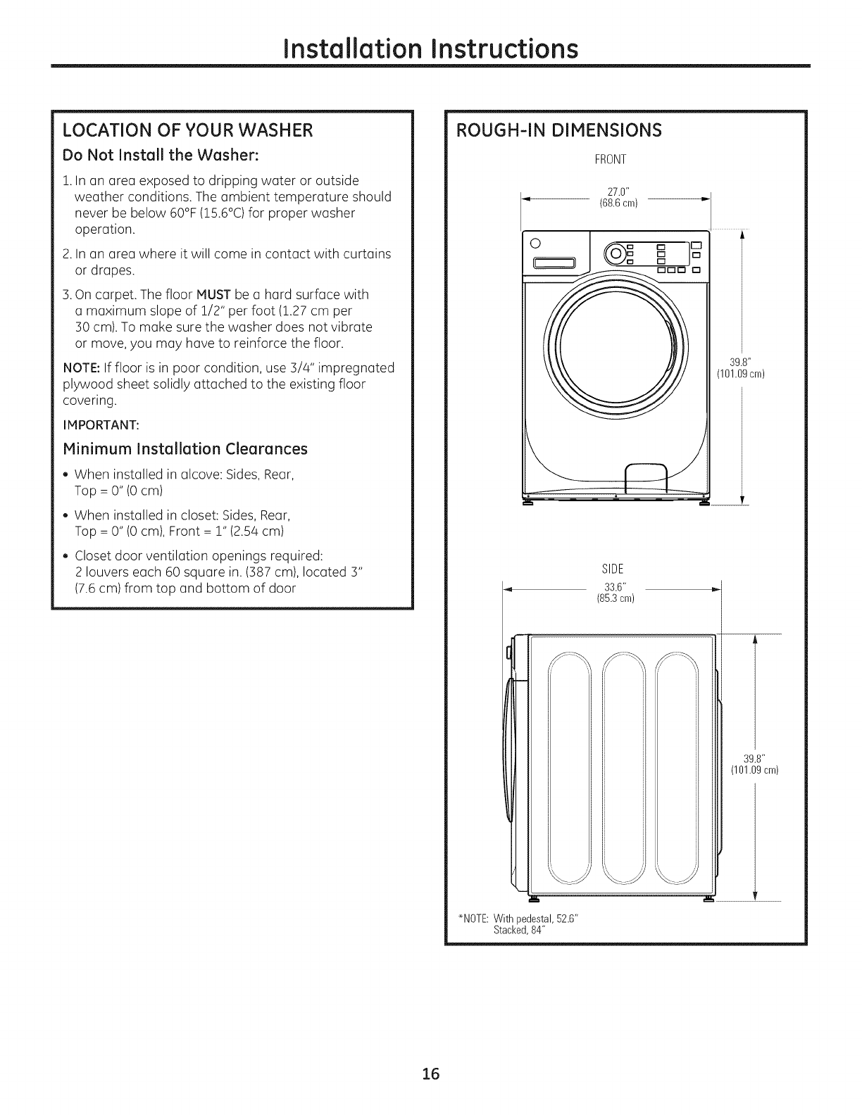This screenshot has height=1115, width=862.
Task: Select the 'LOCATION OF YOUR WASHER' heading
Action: pos(187,131)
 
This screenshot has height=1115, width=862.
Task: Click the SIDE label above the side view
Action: pos(610,569)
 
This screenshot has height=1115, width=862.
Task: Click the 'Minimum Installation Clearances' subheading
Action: pos(186,448)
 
